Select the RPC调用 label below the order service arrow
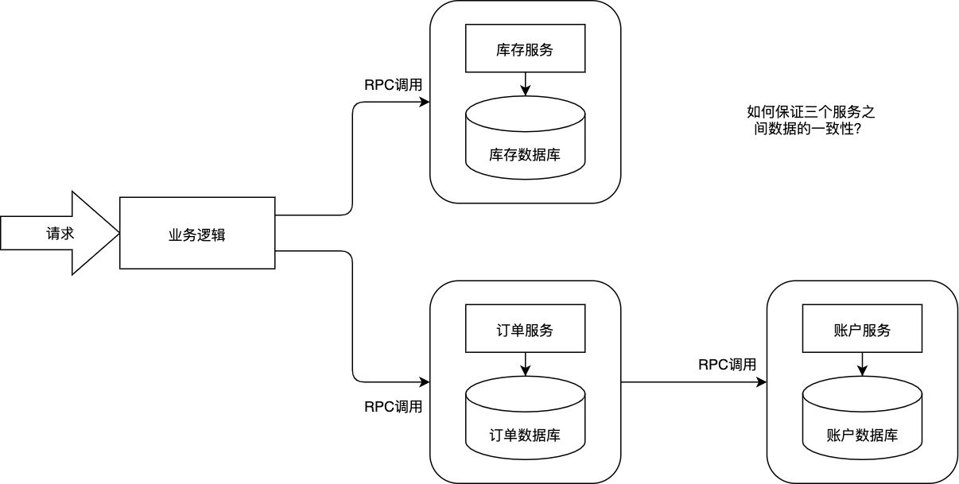tap(393, 407)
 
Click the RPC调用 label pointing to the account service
tap(727, 365)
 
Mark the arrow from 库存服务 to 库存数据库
tap(524, 83)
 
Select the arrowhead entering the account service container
tap(762, 382)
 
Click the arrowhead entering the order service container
tap(425, 382)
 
